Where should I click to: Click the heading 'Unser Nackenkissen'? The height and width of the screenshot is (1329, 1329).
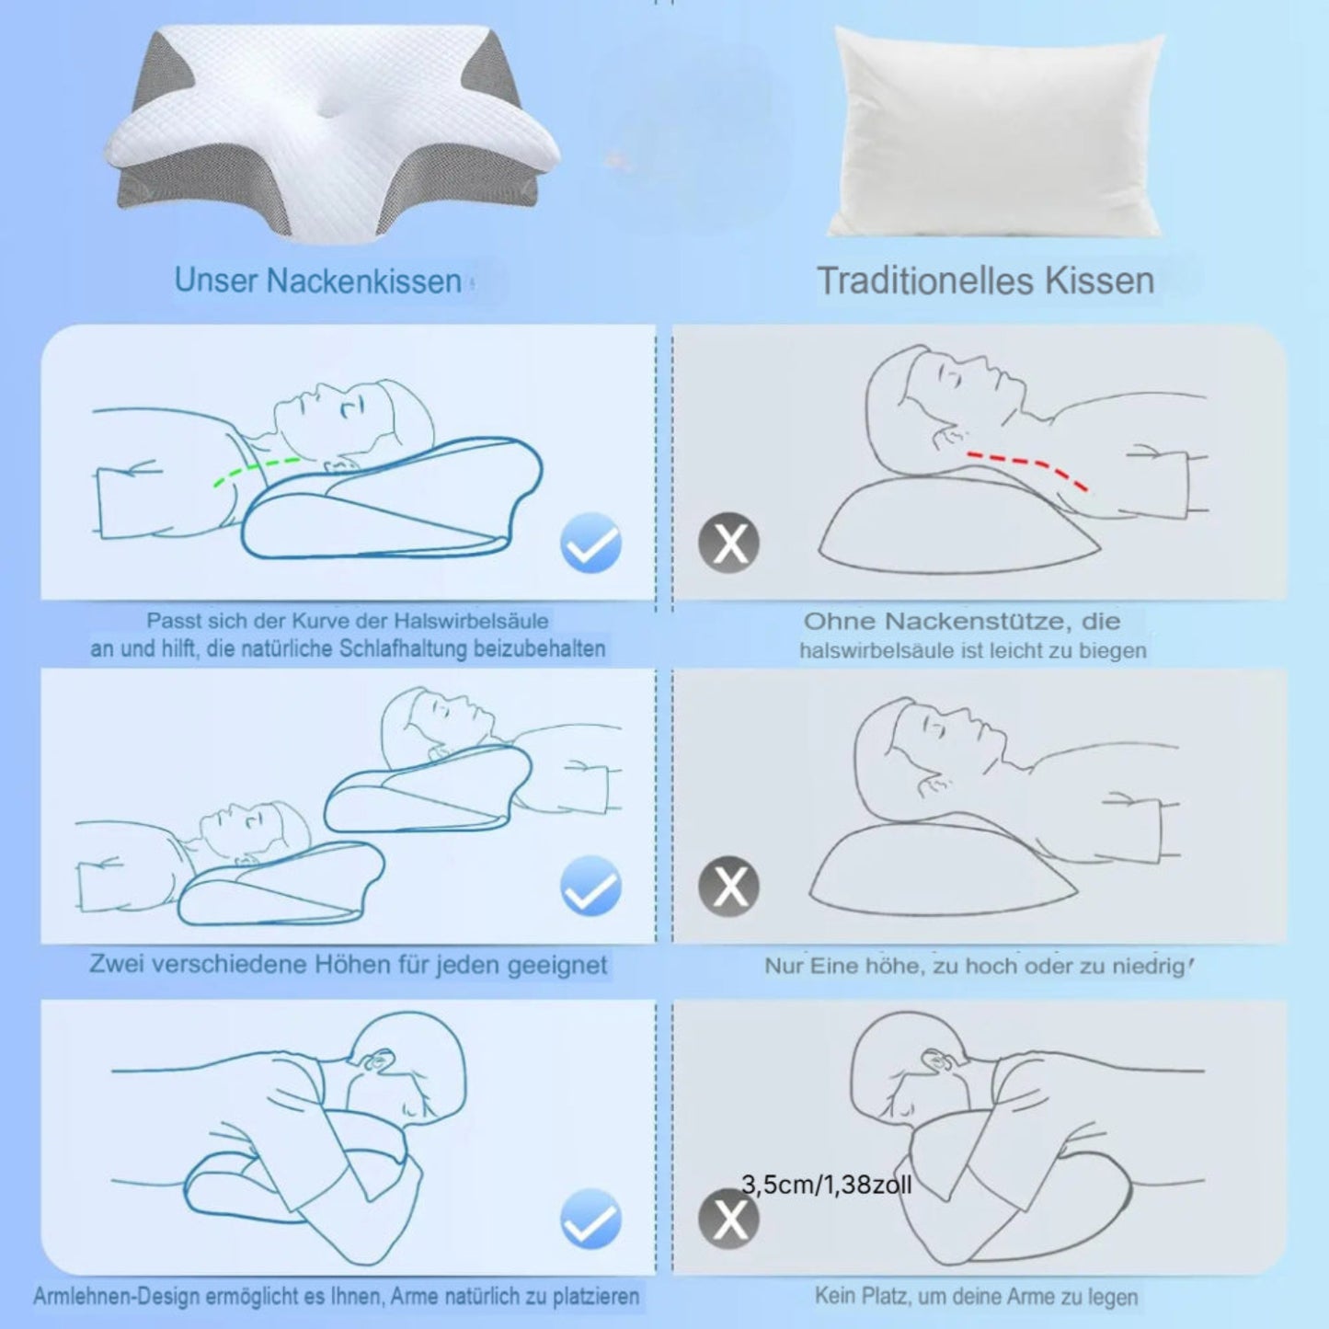(x=318, y=281)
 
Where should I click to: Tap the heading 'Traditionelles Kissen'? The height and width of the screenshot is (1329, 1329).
(x=986, y=281)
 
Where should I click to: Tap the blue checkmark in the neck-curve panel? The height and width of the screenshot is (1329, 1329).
(x=591, y=543)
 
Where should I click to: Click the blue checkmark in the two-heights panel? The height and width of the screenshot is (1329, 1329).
(x=591, y=886)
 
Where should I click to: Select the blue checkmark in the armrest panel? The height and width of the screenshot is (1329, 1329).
(x=591, y=1219)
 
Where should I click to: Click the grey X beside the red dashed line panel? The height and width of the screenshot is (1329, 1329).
(x=729, y=543)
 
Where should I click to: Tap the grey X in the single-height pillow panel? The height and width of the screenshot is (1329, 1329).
(x=729, y=886)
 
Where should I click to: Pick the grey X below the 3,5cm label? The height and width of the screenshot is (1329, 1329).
(x=729, y=1219)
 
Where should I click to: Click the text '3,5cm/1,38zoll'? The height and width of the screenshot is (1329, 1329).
(x=827, y=1185)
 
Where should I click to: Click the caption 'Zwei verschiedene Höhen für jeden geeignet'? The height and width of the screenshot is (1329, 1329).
(x=349, y=964)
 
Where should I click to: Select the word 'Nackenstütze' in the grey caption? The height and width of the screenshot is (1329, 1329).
(x=979, y=622)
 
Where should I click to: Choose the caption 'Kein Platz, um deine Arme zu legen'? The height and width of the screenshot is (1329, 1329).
(x=976, y=1296)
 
